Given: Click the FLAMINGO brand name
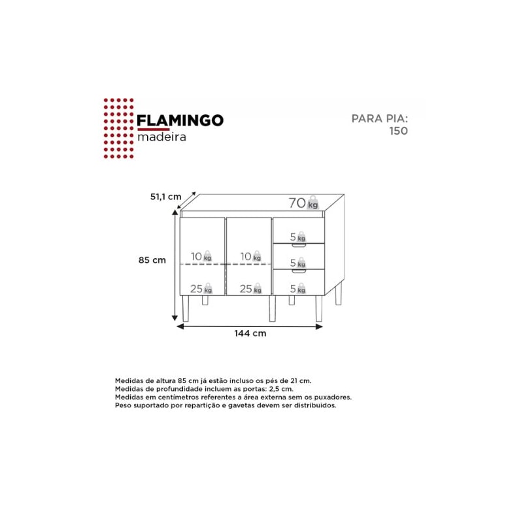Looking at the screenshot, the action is tap(180, 120).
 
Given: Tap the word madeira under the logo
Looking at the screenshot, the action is tap(161, 137).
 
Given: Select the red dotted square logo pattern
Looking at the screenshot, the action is tap(119, 128).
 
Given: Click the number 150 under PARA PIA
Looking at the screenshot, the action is tap(399, 131).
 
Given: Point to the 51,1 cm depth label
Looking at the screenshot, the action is tap(166, 197).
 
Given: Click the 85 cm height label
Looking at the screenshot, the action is tap(152, 260).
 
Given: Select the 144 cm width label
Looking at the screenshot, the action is tap(250, 333).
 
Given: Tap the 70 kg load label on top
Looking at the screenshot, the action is tap(303, 203).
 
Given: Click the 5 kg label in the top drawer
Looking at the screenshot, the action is tap(298, 237).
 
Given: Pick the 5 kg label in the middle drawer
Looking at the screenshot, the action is tap(298, 263).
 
